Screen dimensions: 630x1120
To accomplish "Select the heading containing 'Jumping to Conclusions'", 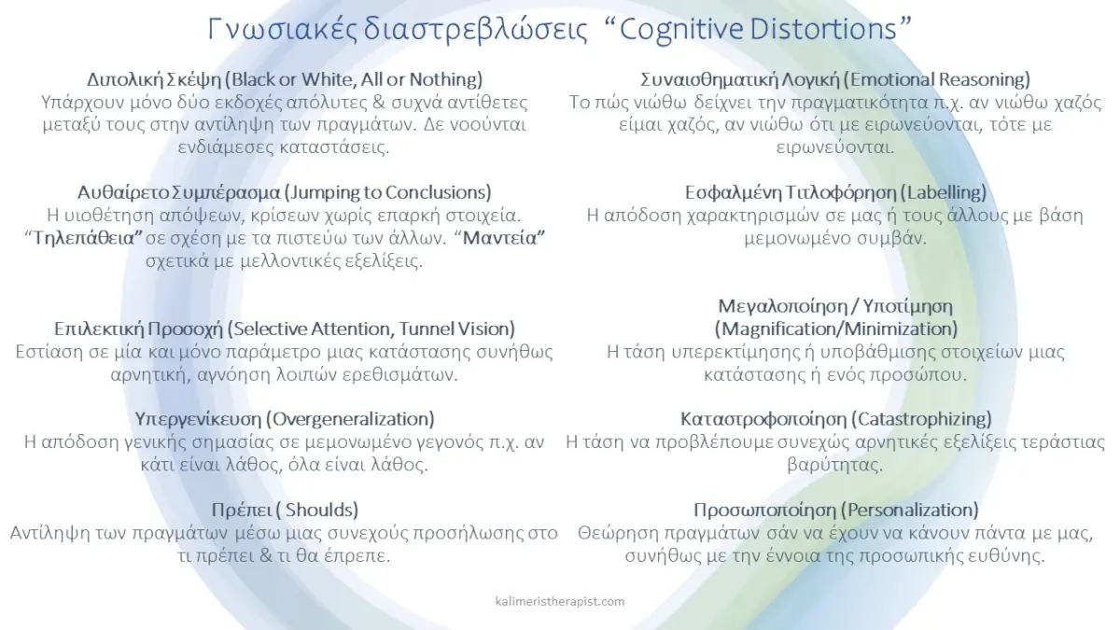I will point(285,193).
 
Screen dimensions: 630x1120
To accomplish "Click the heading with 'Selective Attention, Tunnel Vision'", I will point(285,329).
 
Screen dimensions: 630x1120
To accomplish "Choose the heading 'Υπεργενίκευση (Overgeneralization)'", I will point(285,419).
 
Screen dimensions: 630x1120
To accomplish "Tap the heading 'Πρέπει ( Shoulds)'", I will point(285,510).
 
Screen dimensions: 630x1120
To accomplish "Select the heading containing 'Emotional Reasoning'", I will point(835,78).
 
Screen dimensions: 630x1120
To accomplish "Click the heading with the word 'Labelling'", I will point(835,193).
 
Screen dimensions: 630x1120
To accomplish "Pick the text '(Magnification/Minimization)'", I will point(835,329).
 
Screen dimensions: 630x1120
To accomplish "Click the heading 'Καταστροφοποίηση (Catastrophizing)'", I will point(835,419).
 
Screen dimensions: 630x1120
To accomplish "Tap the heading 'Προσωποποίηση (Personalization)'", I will point(835,510).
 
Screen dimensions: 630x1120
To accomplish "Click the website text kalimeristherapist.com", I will point(560,602).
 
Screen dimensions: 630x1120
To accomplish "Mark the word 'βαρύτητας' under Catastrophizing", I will point(835,464).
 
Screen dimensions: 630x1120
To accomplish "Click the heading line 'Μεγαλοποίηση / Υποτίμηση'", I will point(835,306).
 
